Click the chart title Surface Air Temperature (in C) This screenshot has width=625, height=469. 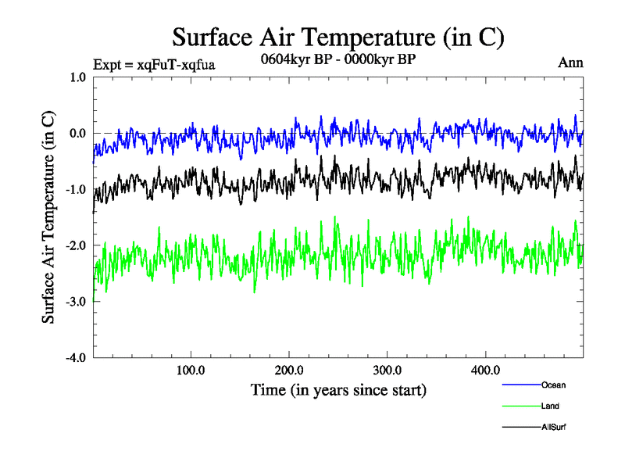(x=338, y=37)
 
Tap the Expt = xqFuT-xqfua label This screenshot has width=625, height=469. (x=154, y=64)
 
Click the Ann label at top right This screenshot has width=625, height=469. (x=570, y=63)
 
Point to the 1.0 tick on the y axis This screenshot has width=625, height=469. (x=77, y=77)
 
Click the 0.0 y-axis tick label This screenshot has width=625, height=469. (x=77, y=133)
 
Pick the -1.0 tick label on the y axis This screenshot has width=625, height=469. (x=76, y=189)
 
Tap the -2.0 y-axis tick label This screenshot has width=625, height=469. (x=76, y=245)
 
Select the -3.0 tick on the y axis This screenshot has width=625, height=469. (x=76, y=302)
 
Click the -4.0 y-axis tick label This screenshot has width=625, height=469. (x=76, y=358)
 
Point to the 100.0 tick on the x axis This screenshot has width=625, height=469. (x=191, y=370)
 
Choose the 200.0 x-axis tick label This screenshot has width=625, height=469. (x=289, y=370)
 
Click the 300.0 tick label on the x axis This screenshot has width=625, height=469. (x=387, y=370)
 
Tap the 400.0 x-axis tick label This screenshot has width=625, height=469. (x=486, y=370)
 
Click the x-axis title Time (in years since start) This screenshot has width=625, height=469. (x=338, y=388)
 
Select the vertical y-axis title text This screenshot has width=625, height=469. (x=48, y=217)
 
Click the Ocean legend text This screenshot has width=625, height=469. (x=553, y=385)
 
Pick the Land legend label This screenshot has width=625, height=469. (x=550, y=406)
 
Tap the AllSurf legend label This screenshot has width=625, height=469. (x=554, y=428)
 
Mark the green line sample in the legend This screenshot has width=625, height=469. (x=520, y=406)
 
